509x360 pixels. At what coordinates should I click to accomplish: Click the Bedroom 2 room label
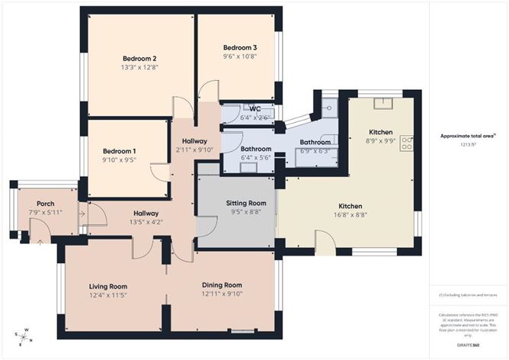tap(139, 59)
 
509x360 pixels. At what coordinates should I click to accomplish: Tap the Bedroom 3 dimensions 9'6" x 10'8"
tap(239, 56)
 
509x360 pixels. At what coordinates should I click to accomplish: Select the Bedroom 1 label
tap(119, 150)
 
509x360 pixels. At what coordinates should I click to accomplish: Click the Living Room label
tap(108, 286)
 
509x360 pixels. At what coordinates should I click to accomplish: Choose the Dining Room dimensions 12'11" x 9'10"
tap(221, 294)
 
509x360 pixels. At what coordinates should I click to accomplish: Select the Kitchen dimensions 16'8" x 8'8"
tap(351, 216)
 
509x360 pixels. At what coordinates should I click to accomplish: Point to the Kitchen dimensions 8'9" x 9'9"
tap(381, 140)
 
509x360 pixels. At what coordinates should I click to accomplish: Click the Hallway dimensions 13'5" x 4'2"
tap(146, 223)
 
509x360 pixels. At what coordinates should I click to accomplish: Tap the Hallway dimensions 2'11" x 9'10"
tap(195, 149)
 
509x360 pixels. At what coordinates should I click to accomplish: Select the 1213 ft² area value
tap(467, 144)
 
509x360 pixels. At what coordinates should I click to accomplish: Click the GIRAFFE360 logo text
tap(468, 346)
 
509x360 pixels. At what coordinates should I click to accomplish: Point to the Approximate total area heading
tap(467, 136)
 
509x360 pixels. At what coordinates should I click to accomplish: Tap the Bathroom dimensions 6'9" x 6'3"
tap(315, 151)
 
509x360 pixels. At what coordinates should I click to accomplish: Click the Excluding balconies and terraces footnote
tap(467, 294)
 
